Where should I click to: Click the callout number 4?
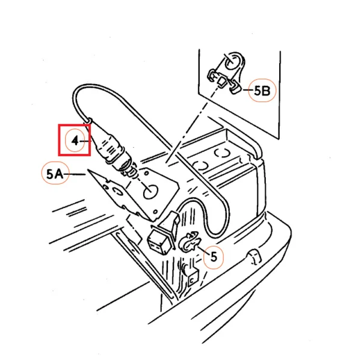click(75, 141)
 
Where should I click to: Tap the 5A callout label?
click(54, 174)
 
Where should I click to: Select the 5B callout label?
click(262, 91)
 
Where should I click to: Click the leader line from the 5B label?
click(245, 91)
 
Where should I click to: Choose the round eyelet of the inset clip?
click(230, 61)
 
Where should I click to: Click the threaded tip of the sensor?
click(127, 170)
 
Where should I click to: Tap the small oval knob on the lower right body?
click(252, 259)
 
